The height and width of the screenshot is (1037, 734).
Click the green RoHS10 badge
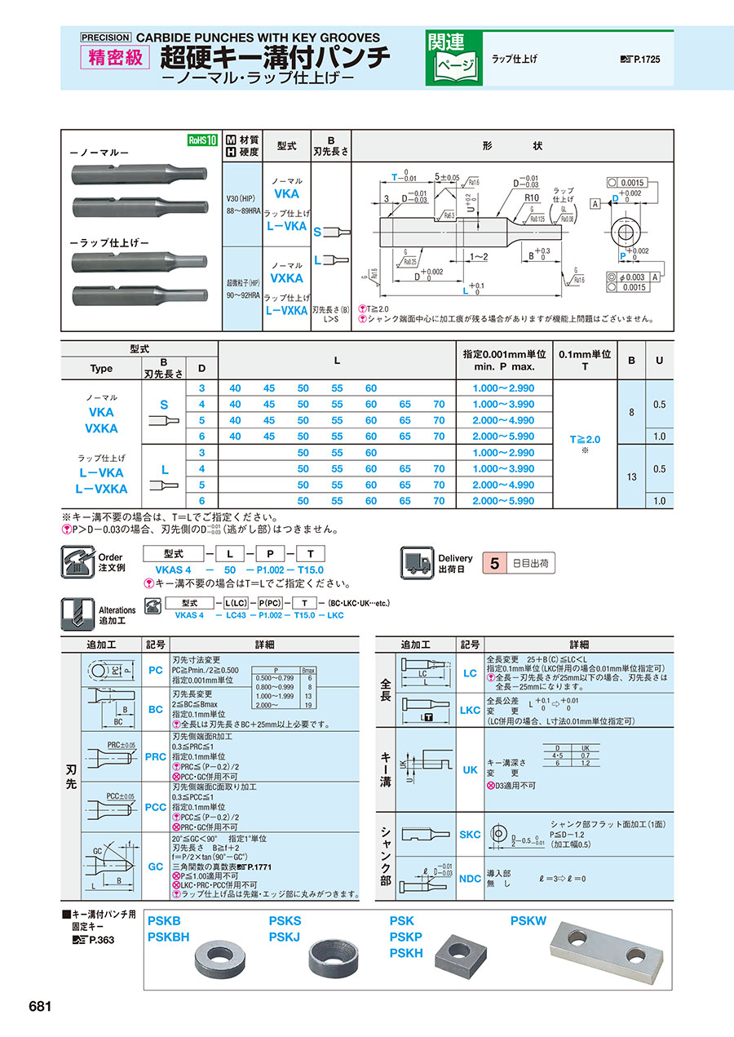pos(202,140)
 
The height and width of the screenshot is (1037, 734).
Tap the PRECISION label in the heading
pos(105,37)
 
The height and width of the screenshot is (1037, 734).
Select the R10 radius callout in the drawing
pos(533,197)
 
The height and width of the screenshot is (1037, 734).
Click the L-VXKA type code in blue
pos(285,311)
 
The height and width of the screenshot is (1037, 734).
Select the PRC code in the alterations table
pos(155,756)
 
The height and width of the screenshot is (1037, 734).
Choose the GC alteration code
pos(155,866)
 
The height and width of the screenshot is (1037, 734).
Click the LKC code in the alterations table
pos(470,710)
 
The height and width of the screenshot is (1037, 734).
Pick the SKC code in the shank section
pos(470,835)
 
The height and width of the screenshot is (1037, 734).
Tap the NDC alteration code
pos(470,879)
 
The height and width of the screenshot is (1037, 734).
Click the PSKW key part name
pos(528,921)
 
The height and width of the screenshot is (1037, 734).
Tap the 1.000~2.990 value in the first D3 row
pos(503,388)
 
